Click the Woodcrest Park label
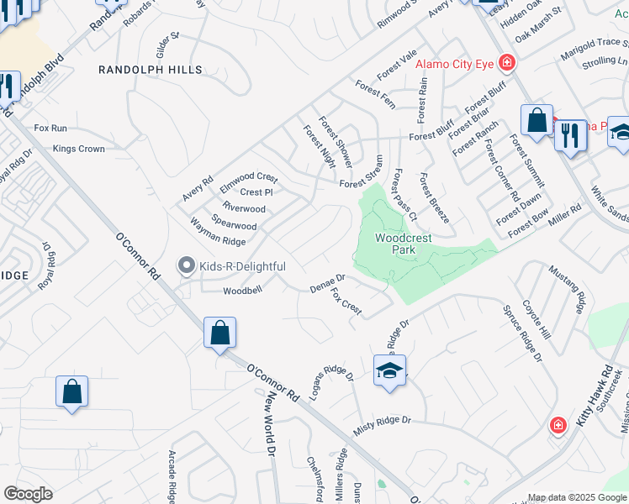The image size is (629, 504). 403,244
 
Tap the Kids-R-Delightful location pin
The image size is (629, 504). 187,266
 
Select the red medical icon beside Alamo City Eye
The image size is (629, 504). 506,62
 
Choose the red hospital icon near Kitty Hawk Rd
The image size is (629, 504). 557,426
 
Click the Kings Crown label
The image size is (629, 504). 79,149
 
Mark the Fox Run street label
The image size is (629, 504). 50,129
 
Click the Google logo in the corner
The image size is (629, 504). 28,494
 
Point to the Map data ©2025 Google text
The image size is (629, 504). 577,497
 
